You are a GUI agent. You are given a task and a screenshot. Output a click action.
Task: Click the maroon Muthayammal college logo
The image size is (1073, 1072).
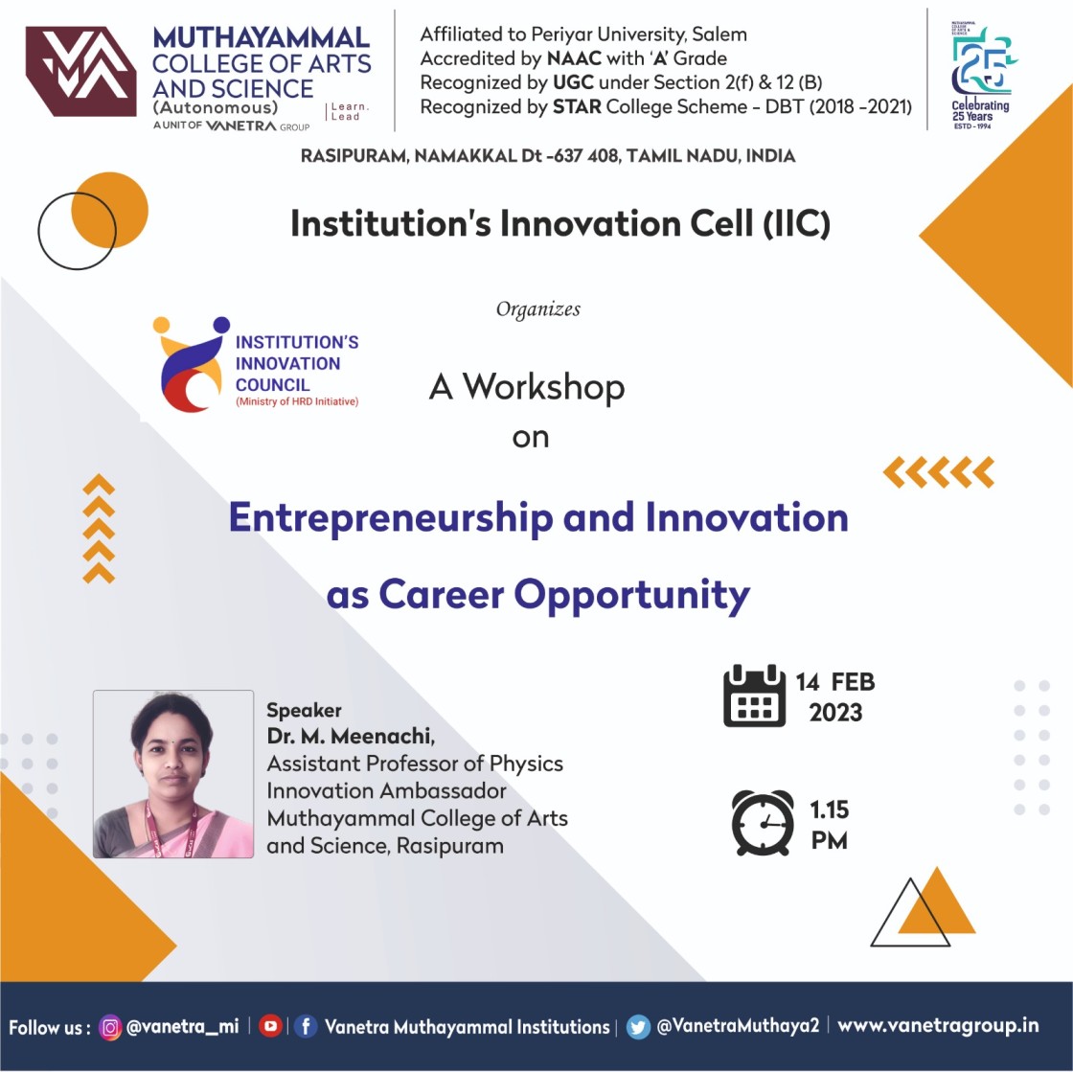tap(80, 71)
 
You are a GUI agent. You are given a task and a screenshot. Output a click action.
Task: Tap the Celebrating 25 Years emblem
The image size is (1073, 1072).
tap(982, 76)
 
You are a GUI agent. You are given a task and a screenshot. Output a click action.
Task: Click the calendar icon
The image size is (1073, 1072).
tap(754, 696)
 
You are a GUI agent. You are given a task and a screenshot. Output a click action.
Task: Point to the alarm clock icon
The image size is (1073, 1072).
tap(763, 823)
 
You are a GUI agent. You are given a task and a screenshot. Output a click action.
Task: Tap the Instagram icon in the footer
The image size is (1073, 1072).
tap(110, 1027)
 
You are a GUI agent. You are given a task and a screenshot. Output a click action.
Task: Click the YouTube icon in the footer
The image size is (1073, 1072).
tap(271, 1025)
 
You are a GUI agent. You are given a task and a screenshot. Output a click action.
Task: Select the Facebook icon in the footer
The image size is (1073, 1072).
tap(306, 1026)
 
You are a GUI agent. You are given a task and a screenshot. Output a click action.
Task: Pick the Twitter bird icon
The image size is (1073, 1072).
tap(638, 1027)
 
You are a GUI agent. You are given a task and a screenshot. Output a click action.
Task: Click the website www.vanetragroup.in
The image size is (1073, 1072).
tap(938, 1025)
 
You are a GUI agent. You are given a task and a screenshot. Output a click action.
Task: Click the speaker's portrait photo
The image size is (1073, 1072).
tap(173, 774)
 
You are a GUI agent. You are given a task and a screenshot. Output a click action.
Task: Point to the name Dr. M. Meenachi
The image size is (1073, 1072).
tap(351, 736)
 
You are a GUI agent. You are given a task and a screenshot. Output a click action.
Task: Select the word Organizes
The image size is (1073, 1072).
tap(537, 309)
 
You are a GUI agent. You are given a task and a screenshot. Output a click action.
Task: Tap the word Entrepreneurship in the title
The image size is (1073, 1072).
tap(391, 518)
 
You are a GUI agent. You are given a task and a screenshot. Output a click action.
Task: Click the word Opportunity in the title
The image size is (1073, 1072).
tap(631, 596)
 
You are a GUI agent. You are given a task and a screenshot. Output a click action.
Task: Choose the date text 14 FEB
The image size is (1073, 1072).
tap(834, 682)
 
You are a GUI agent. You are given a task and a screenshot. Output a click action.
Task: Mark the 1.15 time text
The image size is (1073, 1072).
tap(830, 810)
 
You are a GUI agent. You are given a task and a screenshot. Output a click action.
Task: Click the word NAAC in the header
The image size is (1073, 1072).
tap(574, 58)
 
